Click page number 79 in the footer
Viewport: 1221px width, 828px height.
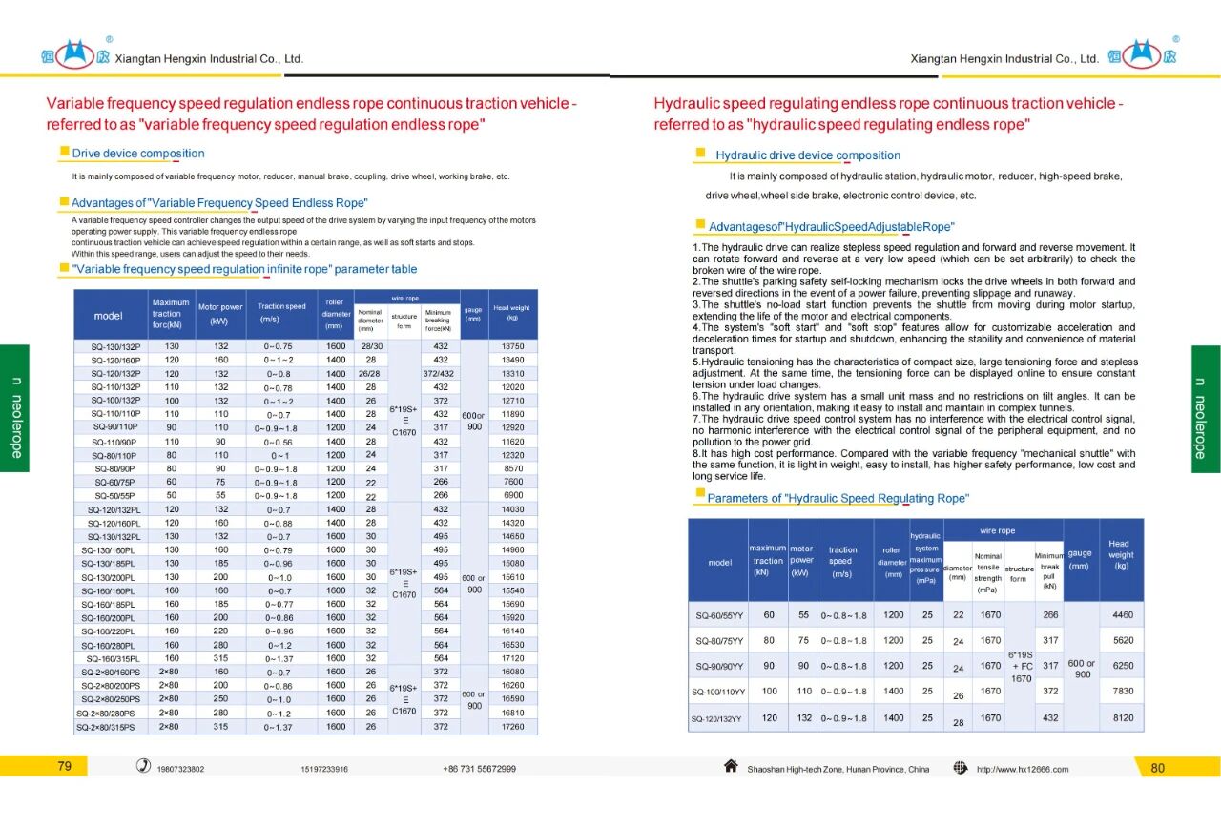65,767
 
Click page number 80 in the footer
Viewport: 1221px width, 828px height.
1158,768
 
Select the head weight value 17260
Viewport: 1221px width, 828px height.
513,727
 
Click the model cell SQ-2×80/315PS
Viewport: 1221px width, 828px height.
109,727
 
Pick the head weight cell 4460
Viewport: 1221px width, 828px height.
1122,615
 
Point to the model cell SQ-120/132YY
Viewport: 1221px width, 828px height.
717,718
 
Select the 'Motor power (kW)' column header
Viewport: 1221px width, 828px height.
220,314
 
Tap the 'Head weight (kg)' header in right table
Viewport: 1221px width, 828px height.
1121,554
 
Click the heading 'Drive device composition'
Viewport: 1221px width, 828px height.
137,154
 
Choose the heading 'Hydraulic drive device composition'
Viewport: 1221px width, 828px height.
807,155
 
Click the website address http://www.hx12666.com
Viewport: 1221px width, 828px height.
1022,769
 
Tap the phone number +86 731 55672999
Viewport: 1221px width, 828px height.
479,769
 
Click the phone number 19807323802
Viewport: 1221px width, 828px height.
180,769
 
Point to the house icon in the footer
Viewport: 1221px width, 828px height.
731,767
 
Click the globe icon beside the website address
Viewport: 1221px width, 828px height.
961,768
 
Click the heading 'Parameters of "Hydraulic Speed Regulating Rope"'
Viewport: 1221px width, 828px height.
837,499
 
